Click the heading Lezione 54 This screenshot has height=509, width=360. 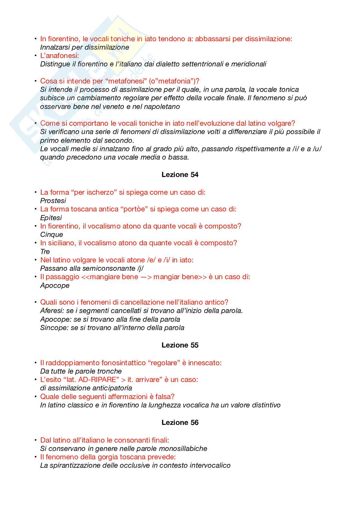pyautogui.click(x=180, y=175)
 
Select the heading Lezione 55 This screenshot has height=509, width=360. pyautogui.click(x=180, y=345)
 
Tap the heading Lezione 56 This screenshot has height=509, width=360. pyautogui.click(x=180, y=423)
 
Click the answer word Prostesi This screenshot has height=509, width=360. pyautogui.click(x=53, y=201)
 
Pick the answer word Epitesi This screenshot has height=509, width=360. pyautogui.click(x=51, y=218)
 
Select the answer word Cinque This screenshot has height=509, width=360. pyautogui.click(x=52, y=235)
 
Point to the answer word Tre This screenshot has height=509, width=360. pyautogui.click(x=45, y=252)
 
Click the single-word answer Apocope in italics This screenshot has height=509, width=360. pyautogui.click(x=55, y=286)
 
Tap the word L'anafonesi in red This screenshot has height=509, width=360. pyautogui.click(x=59, y=56)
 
